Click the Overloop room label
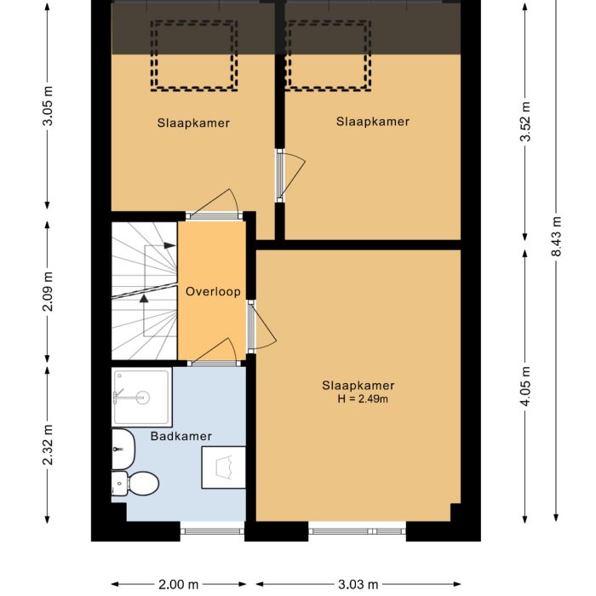(x=213, y=291)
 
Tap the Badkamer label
(x=181, y=436)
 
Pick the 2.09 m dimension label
(x=48, y=290)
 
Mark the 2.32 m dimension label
(x=48, y=445)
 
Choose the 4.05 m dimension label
(x=525, y=387)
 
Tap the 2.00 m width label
(x=179, y=584)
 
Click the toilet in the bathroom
(x=138, y=484)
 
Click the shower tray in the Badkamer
(x=141, y=397)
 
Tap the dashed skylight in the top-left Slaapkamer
(x=192, y=56)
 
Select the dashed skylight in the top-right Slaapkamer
(x=329, y=56)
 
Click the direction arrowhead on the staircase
(x=144, y=299)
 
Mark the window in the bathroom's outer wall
(x=212, y=531)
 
